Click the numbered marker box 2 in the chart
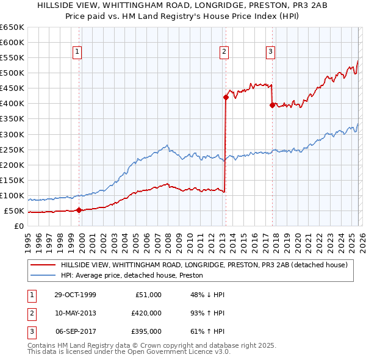224,52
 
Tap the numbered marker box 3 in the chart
270,52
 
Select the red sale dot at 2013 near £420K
226,97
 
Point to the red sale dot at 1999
79,211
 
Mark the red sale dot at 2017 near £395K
272,104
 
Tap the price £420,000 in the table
146,313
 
